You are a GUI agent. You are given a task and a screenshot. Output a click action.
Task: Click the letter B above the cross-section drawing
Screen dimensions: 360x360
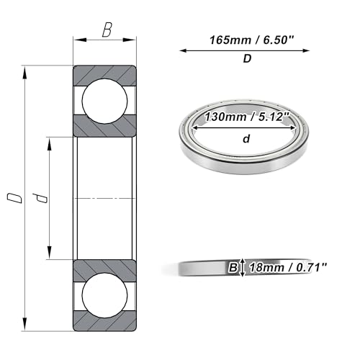[107, 30]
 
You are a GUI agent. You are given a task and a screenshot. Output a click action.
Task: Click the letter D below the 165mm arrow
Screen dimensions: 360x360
[247, 60]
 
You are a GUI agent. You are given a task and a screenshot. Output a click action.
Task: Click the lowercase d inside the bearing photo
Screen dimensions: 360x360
[246, 140]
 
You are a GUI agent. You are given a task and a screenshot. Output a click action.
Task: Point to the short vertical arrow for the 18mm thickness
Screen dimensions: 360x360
[243, 267]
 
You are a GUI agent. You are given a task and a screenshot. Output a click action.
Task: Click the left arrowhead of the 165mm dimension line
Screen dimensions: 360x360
[182, 50]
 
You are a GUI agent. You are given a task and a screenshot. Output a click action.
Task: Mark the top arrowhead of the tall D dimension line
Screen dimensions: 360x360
[26, 70]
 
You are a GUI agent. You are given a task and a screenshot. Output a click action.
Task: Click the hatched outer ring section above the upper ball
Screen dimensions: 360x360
[105, 73]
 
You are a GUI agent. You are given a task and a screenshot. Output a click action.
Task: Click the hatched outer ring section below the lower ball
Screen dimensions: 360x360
[105, 322]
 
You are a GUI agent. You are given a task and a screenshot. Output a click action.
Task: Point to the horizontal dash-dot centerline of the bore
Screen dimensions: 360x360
[105, 197]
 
